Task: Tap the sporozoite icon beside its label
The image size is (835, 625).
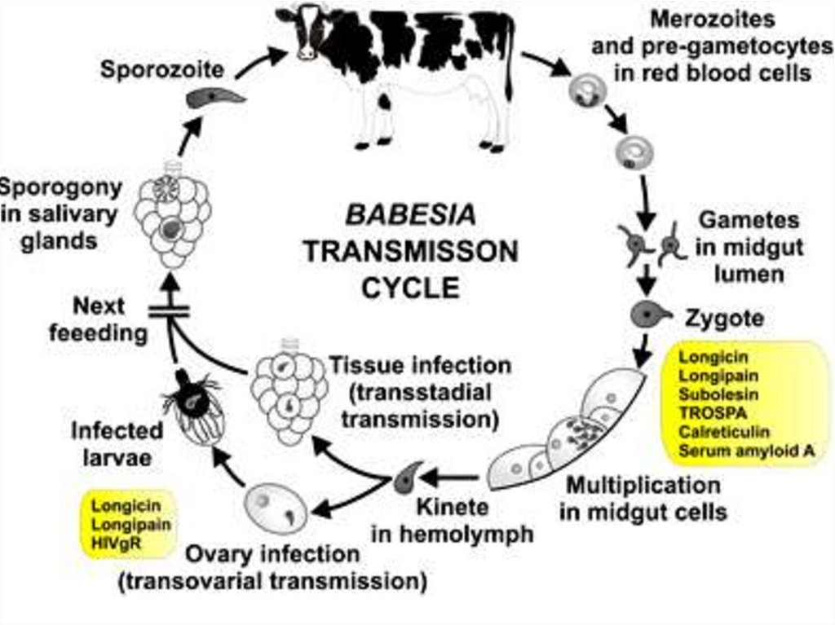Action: coord(215,99)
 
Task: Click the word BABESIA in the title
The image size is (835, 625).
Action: coord(411,216)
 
